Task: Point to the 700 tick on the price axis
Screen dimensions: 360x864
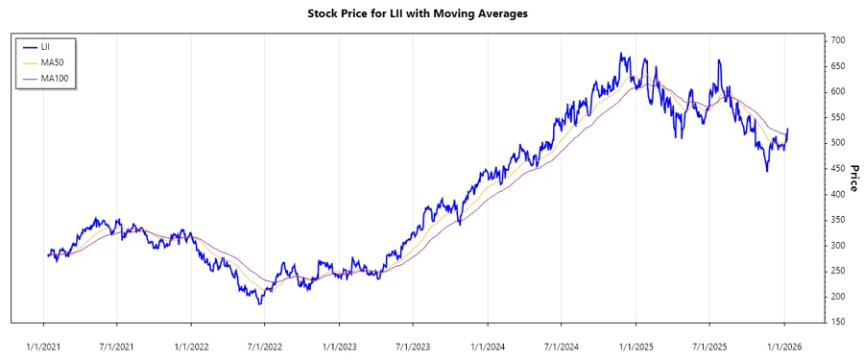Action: pos(838,40)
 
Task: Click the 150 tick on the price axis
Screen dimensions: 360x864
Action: pos(838,322)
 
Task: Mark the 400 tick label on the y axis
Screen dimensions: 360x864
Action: pos(838,194)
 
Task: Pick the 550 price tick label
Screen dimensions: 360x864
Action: pos(838,117)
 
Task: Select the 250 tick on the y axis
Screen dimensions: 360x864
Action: pos(838,271)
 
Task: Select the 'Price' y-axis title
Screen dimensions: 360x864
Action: pos(853,178)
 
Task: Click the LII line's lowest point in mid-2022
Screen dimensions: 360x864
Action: pos(259,304)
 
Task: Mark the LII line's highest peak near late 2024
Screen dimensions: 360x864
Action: pos(621,54)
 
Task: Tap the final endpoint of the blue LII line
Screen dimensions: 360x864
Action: pos(788,129)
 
